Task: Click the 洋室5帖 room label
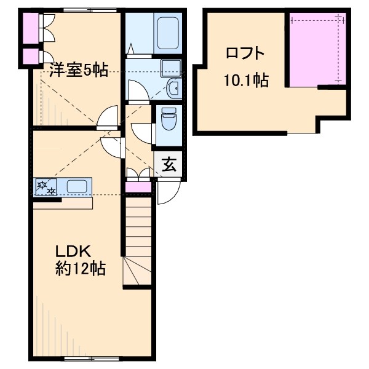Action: tap(79, 70)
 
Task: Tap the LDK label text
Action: tap(74, 252)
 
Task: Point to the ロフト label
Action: tap(245, 53)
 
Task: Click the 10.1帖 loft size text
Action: tap(245, 80)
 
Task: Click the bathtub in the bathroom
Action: tap(167, 34)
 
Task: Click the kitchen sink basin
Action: tap(76, 186)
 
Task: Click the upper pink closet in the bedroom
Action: tap(28, 26)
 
